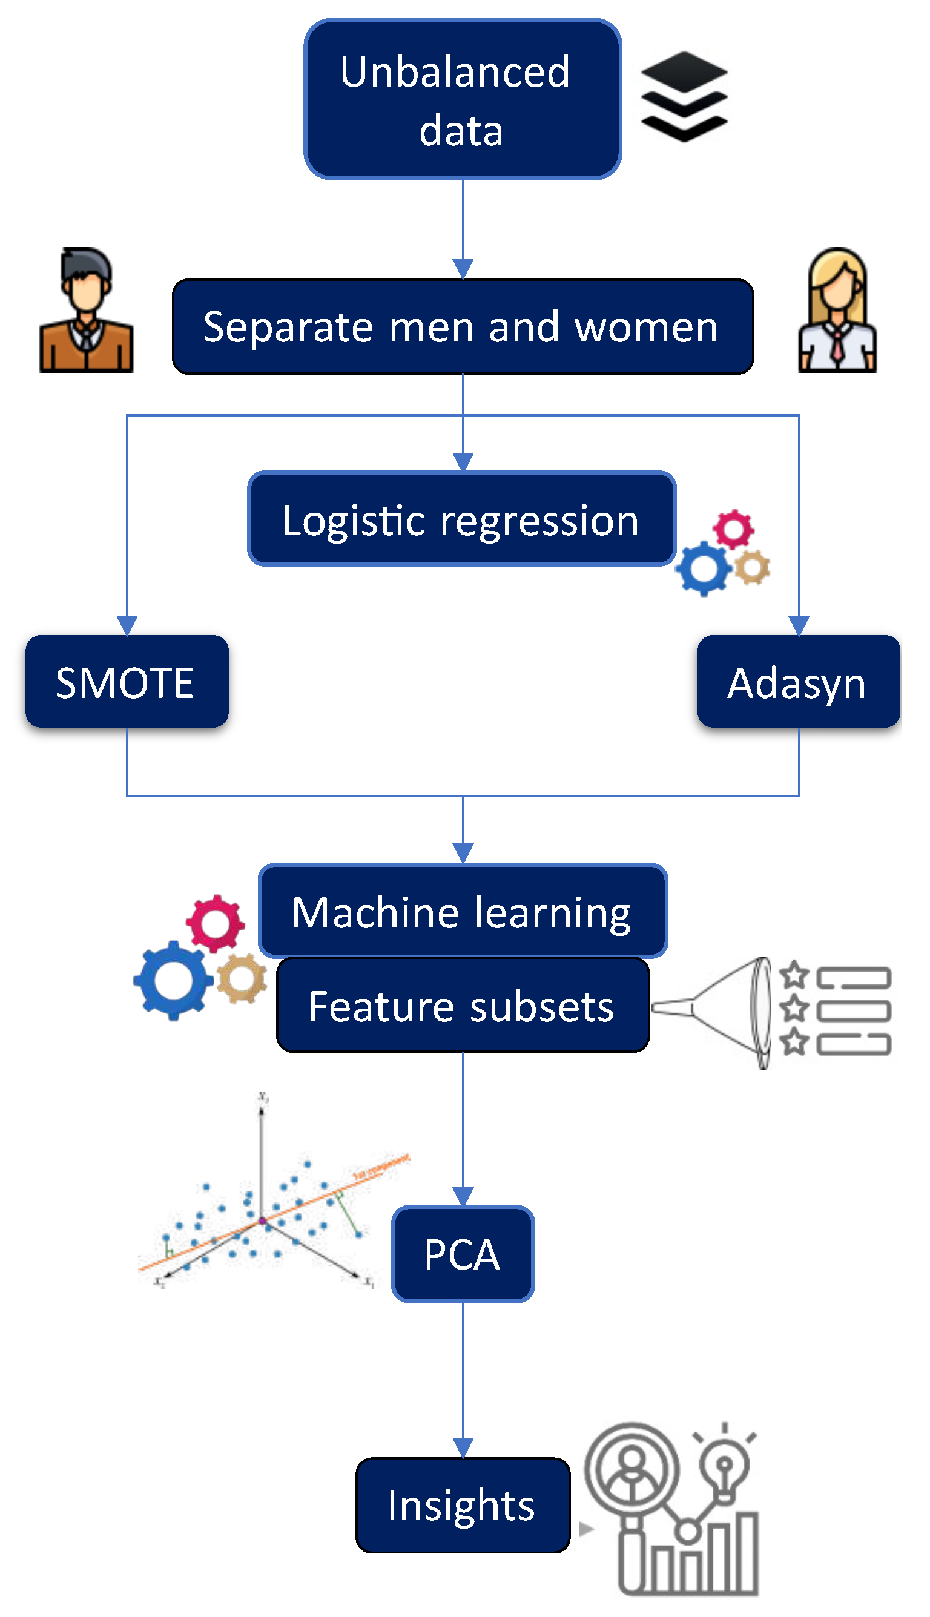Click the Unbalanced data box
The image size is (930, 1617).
pos(463,99)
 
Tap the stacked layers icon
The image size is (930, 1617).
pos(684,96)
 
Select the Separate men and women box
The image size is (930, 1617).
pos(463,326)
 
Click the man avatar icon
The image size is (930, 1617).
pos(86,311)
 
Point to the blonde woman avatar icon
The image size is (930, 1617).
pos(837,311)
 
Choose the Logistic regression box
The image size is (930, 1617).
pos(461,519)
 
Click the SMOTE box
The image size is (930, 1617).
pos(127,682)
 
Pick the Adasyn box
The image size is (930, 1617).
pos(799,682)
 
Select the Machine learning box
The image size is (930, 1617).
pos(463,911)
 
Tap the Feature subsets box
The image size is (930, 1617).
pos(463,1005)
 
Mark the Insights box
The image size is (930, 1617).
pos(463,1505)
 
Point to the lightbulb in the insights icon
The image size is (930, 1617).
pos(724,1469)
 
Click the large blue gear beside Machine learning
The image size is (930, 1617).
pos(173,980)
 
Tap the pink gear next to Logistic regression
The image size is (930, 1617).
pos(733,528)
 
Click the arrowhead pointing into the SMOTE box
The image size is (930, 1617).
pos(127,625)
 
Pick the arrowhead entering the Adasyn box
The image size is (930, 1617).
pos(799,625)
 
